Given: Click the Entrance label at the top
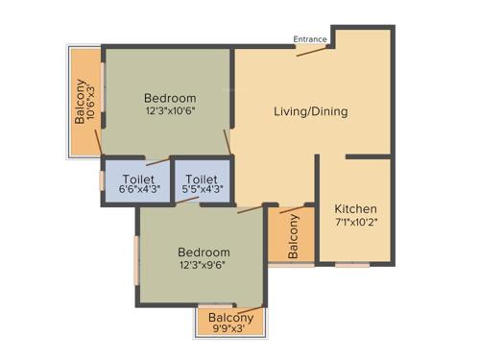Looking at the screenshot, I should point(311,39).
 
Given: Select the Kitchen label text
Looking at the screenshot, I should point(355,209).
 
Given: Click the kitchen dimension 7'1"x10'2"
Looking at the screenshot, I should point(355,224).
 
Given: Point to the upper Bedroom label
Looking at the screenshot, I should point(170,98).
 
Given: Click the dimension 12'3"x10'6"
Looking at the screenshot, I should point(170,112).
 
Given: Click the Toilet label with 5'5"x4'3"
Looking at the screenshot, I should point(202,180).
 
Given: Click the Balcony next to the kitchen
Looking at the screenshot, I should point(293,234).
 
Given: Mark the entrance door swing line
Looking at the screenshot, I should point(314,51).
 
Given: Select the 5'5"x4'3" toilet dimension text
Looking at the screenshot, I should point(202,191).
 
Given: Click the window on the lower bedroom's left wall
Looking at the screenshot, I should point(136,260).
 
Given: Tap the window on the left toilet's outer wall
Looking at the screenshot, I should point(102,180).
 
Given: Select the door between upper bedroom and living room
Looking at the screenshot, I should point(228,142).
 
